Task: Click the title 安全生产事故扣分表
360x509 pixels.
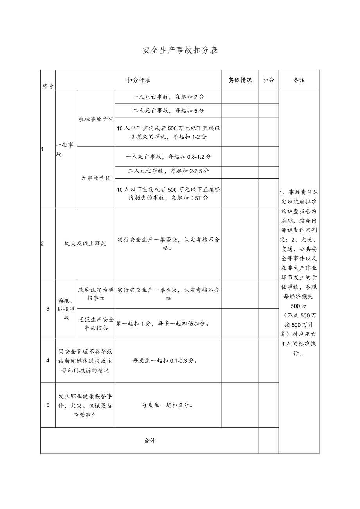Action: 180,50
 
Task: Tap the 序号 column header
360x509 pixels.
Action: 48,86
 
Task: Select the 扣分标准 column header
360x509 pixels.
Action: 139,80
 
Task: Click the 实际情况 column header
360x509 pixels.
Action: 240,80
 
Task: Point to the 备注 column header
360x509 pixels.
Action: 299,80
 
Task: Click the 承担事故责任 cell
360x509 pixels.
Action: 96,119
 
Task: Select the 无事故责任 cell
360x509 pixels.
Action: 96,178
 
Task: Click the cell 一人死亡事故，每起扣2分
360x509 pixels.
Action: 168,97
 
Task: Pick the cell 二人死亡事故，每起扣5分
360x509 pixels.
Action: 168,111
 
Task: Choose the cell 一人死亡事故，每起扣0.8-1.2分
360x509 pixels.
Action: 168,157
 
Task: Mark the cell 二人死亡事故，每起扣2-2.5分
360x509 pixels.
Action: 168,171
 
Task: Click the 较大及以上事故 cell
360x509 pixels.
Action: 85,243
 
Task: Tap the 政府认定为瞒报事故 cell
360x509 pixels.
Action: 96,294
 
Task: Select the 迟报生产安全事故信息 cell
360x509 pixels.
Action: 96,324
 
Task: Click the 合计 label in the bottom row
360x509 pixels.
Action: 149,441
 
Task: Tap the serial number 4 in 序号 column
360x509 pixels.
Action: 48,360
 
